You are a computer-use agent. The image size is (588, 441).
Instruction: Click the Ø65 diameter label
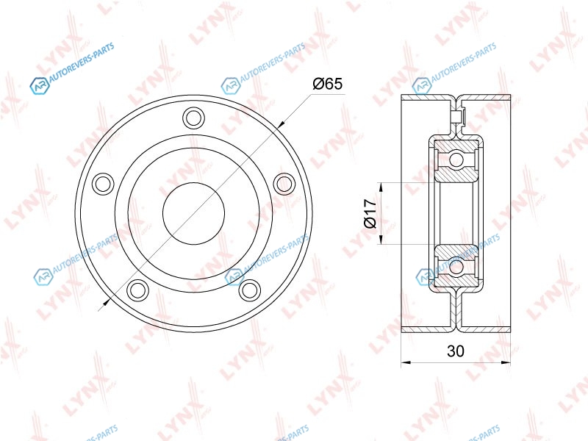[x=327, y=84]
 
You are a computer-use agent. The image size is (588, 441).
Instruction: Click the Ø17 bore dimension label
[x=370, y=214]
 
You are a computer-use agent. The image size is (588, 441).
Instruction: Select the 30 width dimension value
[x=456, y=351]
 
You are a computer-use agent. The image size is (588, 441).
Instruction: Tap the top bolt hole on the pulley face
[x=193, y=118]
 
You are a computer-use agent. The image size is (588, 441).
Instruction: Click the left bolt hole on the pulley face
[x=103, y=184]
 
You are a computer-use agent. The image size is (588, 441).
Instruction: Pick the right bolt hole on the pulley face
[x=284, y=184]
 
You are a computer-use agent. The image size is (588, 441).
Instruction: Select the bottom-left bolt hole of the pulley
[x=137, y=290]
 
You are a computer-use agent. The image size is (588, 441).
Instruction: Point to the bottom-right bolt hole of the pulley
[x=249, y=290]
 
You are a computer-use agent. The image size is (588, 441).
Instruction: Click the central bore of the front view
[x=193, y=213]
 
